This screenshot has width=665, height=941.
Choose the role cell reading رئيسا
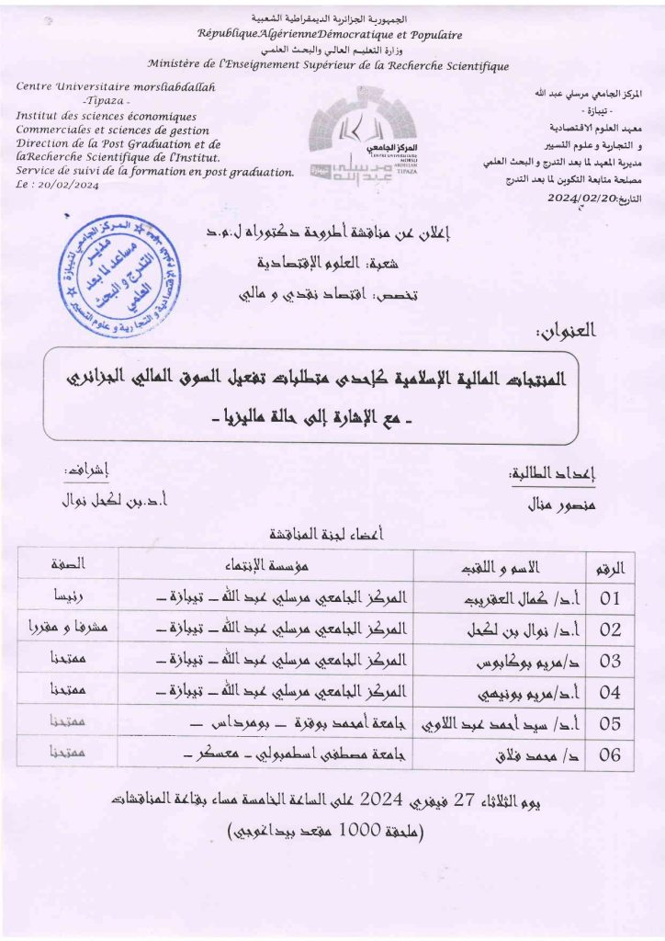[68, 597]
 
